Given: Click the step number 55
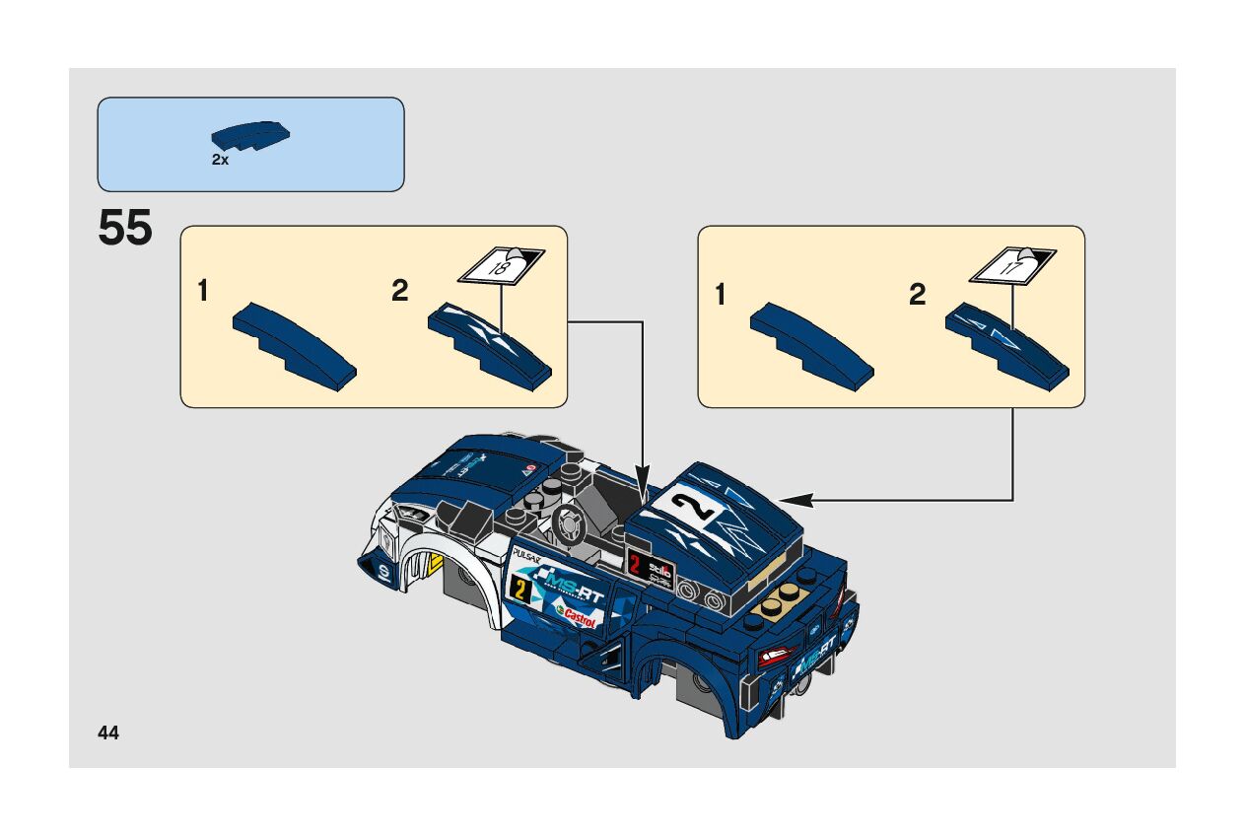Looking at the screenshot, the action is pos(125,230).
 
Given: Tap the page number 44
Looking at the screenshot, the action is pos(108,732).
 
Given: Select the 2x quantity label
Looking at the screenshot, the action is pos(220,160).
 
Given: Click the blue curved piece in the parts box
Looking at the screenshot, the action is pos(250,136).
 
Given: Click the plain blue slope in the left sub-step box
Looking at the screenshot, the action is pos(294,346).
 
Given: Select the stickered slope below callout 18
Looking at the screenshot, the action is pos(488,346).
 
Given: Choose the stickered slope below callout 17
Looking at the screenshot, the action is pos(1005,346).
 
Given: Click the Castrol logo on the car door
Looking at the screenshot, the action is pos(578,618).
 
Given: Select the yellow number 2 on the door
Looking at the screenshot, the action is pos(518,590).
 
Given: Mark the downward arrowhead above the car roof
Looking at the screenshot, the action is pos(643,491).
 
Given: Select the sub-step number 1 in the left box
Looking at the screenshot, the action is pos(203,291).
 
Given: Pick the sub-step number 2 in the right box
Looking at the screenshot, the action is pos(918,295).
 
